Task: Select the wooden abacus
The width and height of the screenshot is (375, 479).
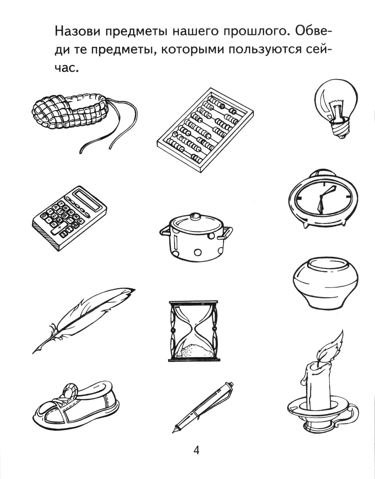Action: (205, 130)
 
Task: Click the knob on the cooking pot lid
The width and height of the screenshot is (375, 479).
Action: (195, 216)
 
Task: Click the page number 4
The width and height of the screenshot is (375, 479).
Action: (196, 450)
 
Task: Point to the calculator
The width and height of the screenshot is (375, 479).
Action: (69, 218)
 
